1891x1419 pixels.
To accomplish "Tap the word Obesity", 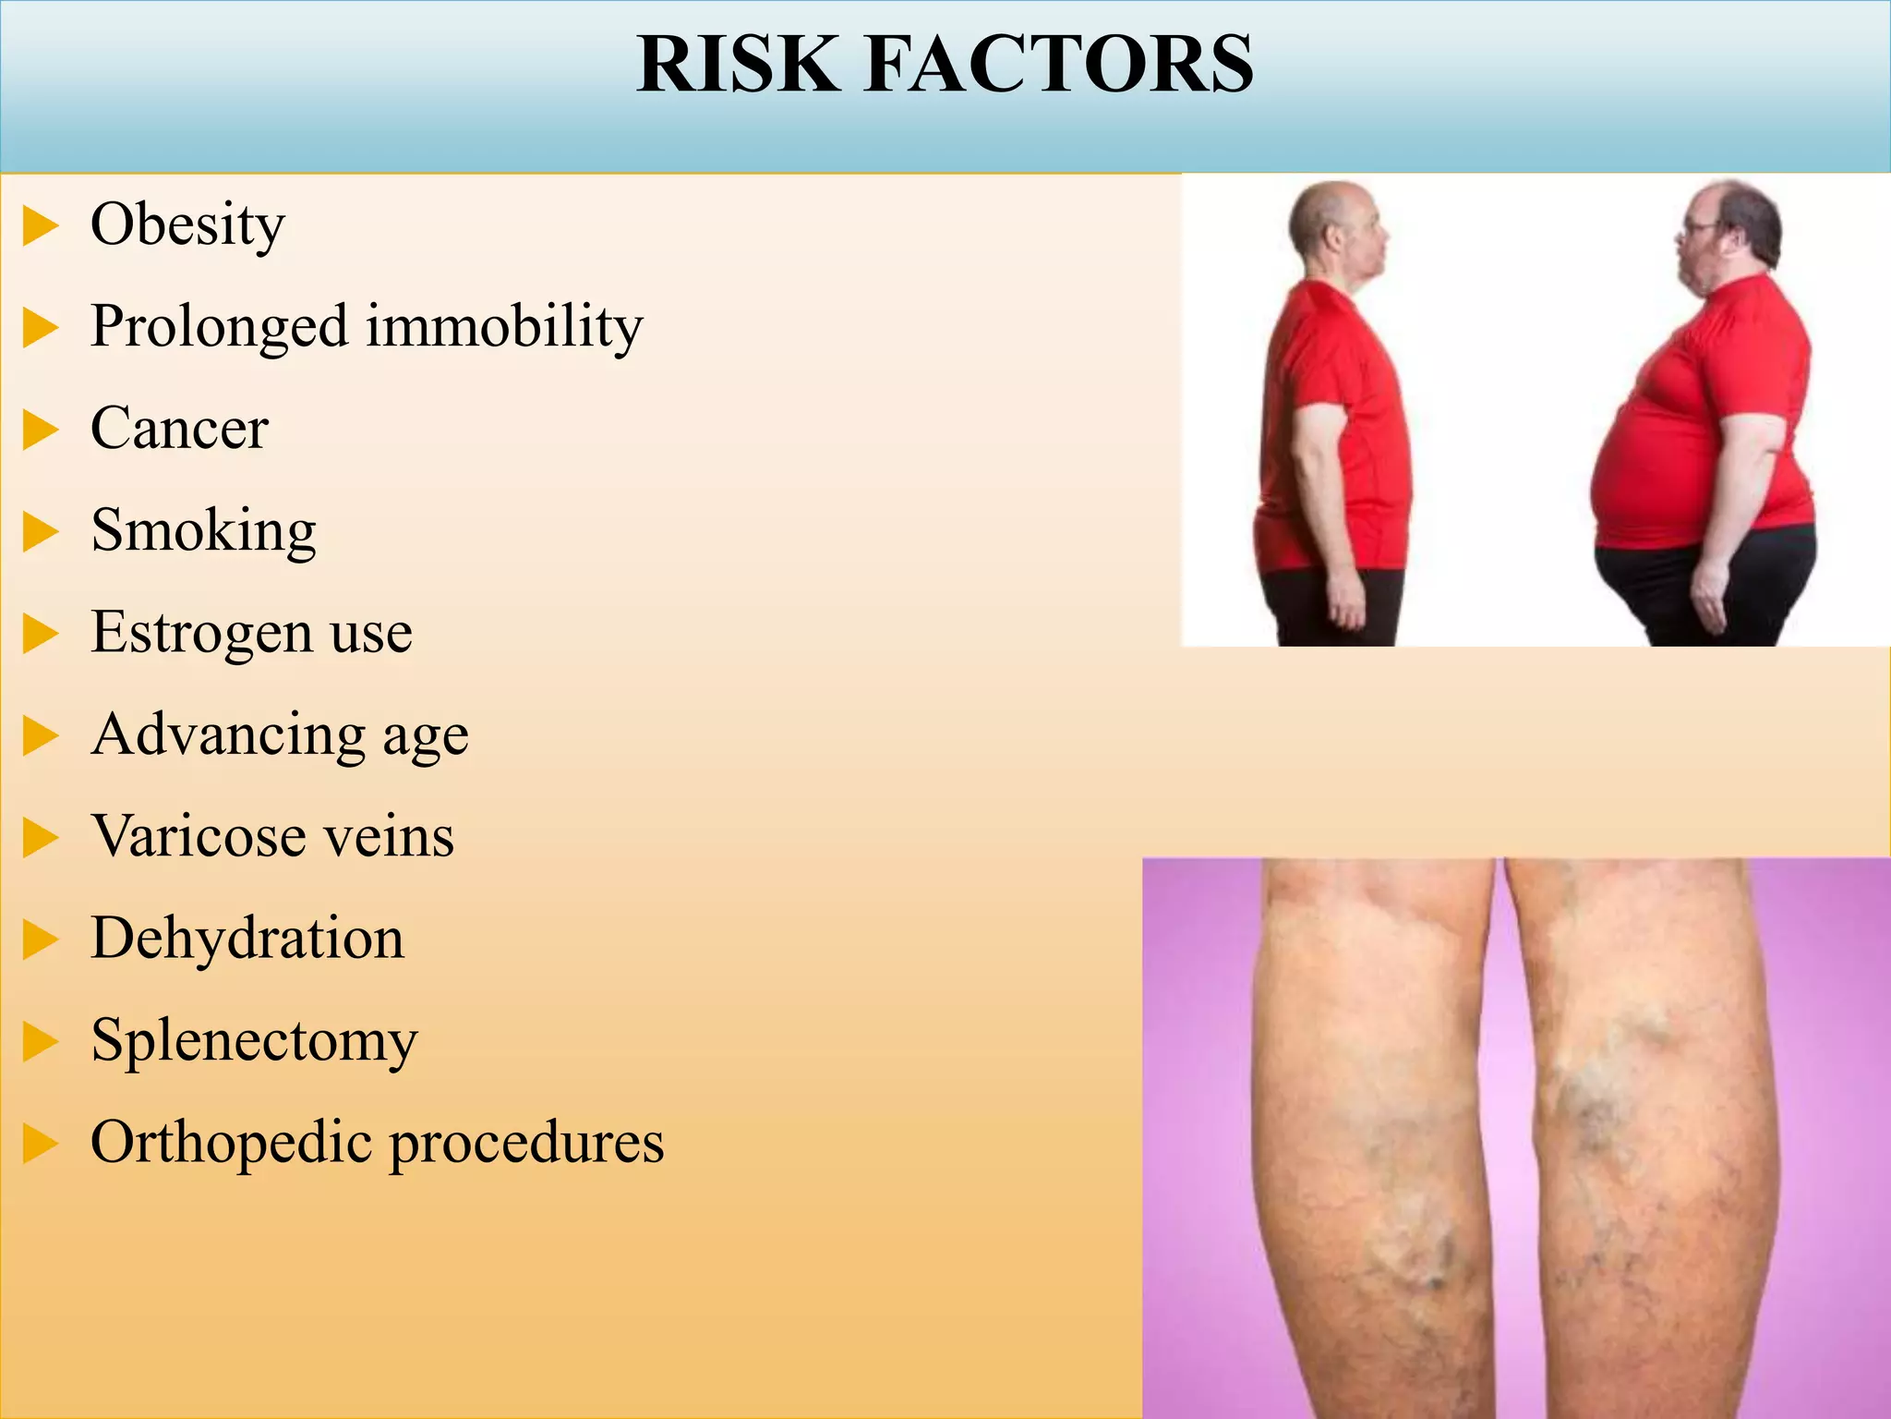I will pyautogui.click(x=187, y=225).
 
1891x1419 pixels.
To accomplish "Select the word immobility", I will pyautogui.click(x=504, y=327).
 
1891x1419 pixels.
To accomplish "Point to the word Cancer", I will pyautogui.click(x=179, y=429).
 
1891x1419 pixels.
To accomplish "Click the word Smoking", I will pyautogui.click(x=203, y=532).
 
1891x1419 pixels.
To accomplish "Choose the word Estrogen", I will pyautogui.click(x=201, y=635).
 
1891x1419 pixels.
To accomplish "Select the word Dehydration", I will pyautogui.click(x=247, y=940).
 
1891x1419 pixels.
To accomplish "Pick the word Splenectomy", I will pyautogui.click(x=254, y=1042).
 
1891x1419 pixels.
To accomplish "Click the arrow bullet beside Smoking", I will pyautogui.click(x=40, y=532).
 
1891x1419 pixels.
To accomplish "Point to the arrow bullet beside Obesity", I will pyautogui.click(x=40, y=226).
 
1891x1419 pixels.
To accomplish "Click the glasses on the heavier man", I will pyautogui.click(x=1697, y=227).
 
